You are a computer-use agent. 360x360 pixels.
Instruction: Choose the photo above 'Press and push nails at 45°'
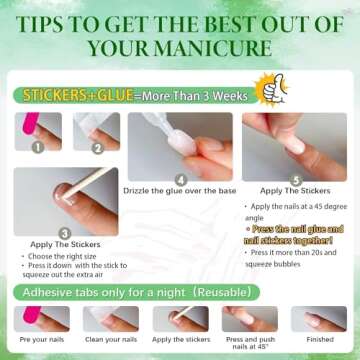(250, 318)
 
